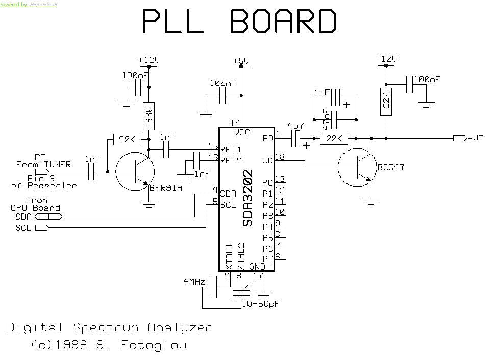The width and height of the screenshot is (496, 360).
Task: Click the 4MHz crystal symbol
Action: point(213,286)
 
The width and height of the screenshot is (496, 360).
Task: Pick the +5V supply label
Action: point(241,61)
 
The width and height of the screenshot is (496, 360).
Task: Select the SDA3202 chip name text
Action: point(248,198)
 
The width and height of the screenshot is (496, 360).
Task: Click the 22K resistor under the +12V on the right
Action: point(386,102)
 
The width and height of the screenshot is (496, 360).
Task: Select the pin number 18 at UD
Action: point(280,157)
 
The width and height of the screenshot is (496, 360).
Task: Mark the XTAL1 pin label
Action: point(229,256)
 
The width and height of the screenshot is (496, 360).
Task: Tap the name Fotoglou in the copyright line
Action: point(154,346)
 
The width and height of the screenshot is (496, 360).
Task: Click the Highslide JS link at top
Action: point(43,4)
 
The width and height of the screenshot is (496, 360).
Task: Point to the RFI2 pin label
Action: point(232,160)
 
